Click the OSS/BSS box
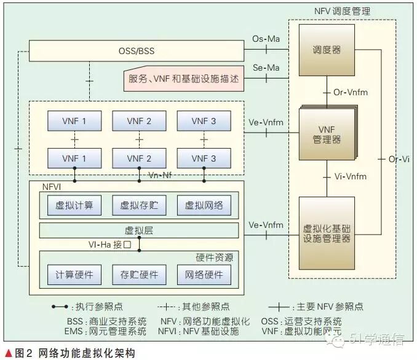tap(137, 51)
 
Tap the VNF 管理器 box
tap(327, 135)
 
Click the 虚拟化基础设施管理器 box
tap(327, 233)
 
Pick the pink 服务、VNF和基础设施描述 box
tap(184, 79)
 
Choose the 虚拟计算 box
tap(74, 206)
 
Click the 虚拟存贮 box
tap(139, 206)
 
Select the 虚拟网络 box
tap(204, 206)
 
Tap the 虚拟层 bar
tap(139, 231)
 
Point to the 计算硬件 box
tap(74, 275)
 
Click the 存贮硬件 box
tap(139, 275)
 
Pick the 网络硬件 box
tap(204, 275)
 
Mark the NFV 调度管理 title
tap(342, 10)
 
